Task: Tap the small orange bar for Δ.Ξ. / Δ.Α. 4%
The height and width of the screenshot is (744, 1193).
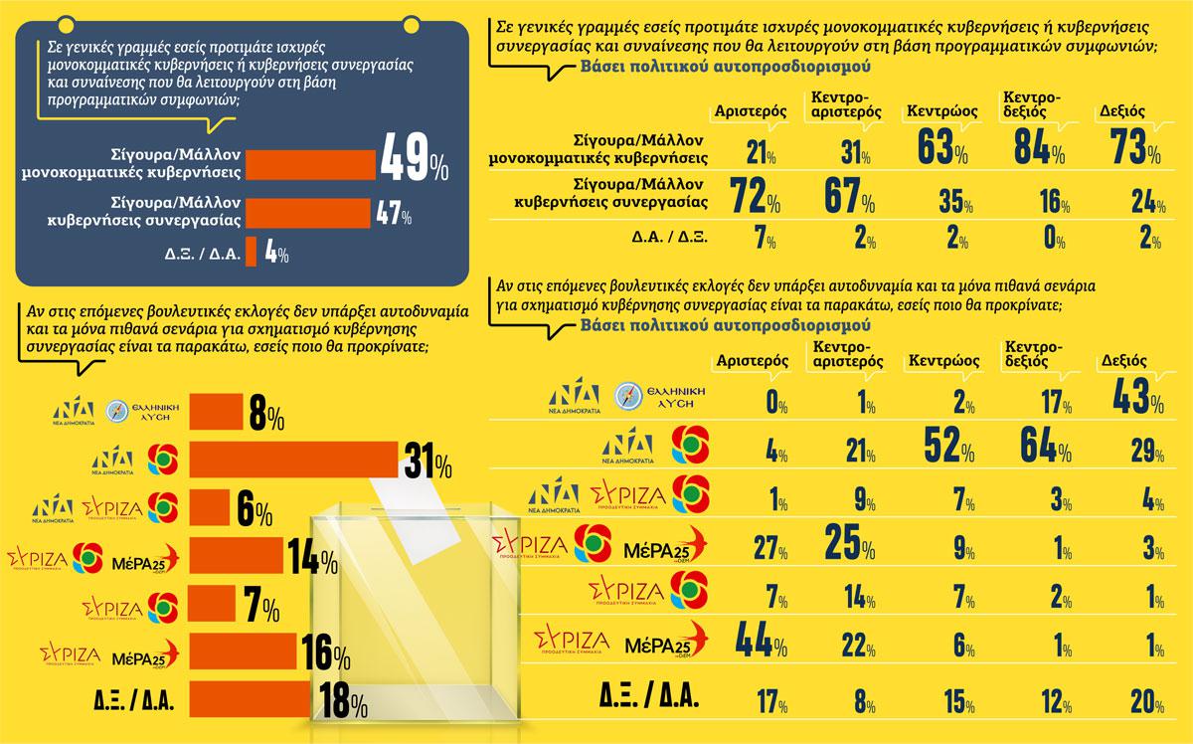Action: pos(252,252)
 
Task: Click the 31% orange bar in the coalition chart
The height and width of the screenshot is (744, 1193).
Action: pos(293,461)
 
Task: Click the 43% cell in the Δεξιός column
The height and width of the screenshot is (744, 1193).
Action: pos(1132,395)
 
